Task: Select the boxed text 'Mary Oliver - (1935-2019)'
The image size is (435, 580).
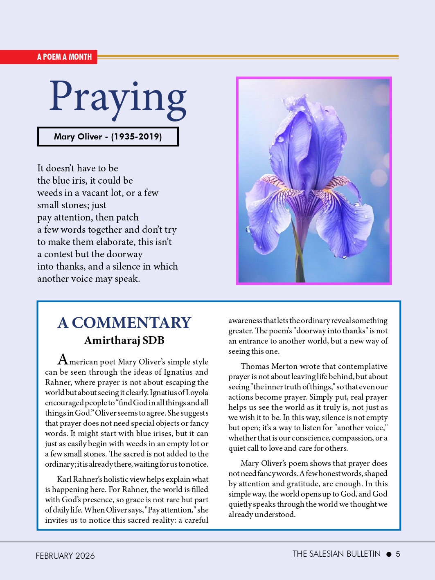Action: point(108,137)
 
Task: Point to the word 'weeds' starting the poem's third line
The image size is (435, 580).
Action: point(50,193)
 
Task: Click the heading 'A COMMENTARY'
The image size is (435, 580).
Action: point(124,323)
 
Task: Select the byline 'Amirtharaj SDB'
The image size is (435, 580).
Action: point(124,340)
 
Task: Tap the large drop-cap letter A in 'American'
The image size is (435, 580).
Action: point(63,360)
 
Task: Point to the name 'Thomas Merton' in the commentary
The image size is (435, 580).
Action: point(266,366)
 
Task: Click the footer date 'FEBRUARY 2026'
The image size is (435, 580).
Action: point(65,556)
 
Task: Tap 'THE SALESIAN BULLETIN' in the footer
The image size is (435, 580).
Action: point(336,554)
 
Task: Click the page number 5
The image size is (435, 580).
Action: point(398,555)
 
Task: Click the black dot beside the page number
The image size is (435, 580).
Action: point(389,555)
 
